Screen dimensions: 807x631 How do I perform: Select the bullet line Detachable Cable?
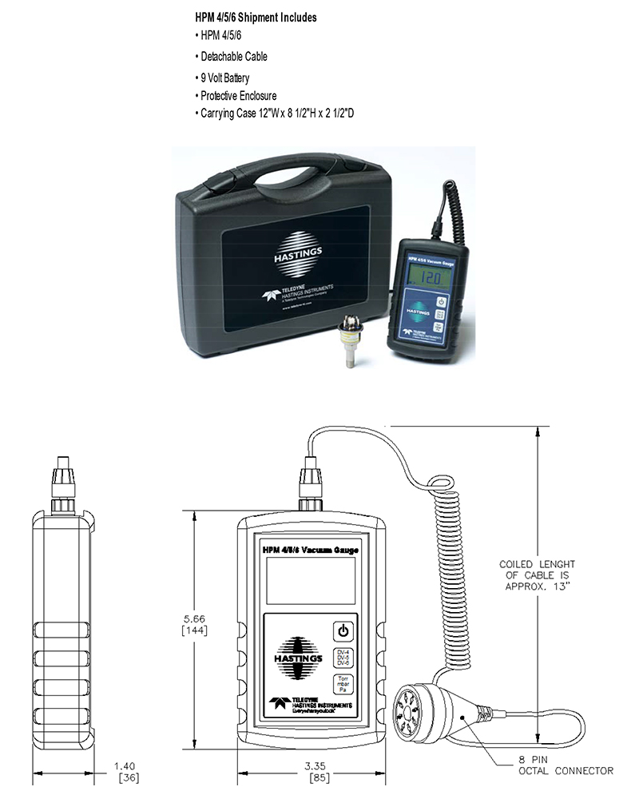(232, 57)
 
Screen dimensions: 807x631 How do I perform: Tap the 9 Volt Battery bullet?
(224, 78)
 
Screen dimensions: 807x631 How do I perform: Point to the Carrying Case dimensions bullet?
(276, 113)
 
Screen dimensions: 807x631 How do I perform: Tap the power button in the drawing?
(343, 630)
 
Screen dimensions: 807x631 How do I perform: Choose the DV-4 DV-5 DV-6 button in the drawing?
(343, 658)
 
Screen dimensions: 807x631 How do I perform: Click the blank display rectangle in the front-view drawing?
(311, 581)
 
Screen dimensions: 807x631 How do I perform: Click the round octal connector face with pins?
(418, 704)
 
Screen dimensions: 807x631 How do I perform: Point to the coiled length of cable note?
(536, 574)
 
